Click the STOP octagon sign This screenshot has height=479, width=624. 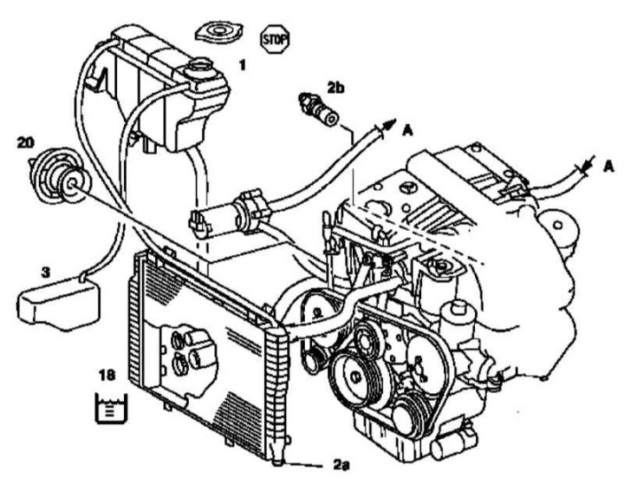point(275,37)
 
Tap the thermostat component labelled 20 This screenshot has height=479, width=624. point(55,178)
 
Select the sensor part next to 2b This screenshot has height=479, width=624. point(315,107)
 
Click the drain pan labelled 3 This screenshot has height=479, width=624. point(58,301)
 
